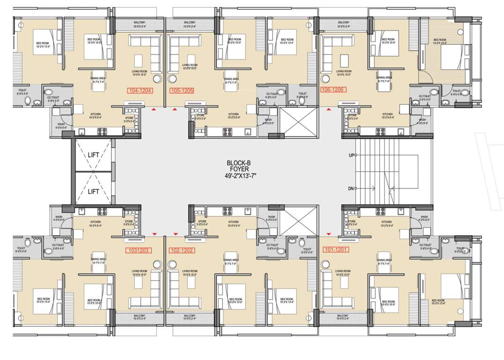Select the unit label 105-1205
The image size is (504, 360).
point(182,90)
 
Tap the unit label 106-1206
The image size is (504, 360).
point(333,89)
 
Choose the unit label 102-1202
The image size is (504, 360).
point(182,250)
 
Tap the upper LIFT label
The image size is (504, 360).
point(93,154)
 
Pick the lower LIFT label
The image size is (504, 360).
point(93,191)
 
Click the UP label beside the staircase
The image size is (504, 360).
point(351,155)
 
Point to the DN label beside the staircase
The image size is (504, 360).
point(351,188)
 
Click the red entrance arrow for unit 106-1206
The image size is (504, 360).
point(328,110)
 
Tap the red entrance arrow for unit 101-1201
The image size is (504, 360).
point(328,233)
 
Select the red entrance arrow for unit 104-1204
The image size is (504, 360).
point(154,110)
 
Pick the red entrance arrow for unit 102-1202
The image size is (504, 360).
point(175,233)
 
